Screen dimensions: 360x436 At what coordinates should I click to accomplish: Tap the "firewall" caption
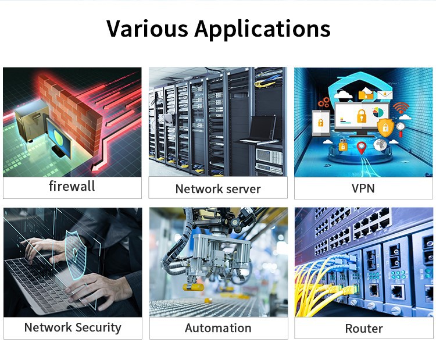point(72,187)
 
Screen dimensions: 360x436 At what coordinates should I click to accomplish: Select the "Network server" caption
point(218,188)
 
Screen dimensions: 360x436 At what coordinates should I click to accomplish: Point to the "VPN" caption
point(363,188)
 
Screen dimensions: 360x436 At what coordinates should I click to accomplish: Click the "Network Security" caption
point(73,327)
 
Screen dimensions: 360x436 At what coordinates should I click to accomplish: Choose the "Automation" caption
point(218,328)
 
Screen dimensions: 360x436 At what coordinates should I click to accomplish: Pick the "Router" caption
point(364,329)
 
